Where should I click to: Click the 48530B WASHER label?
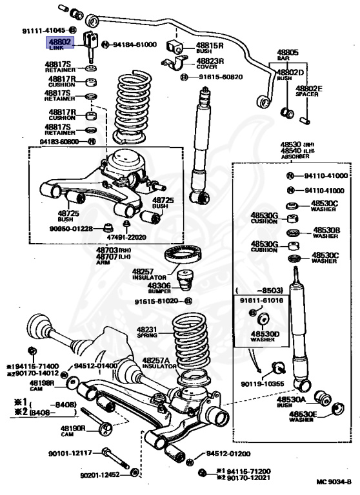(x=326, y=232)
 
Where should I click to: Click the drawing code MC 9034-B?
(x=334, y=482)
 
